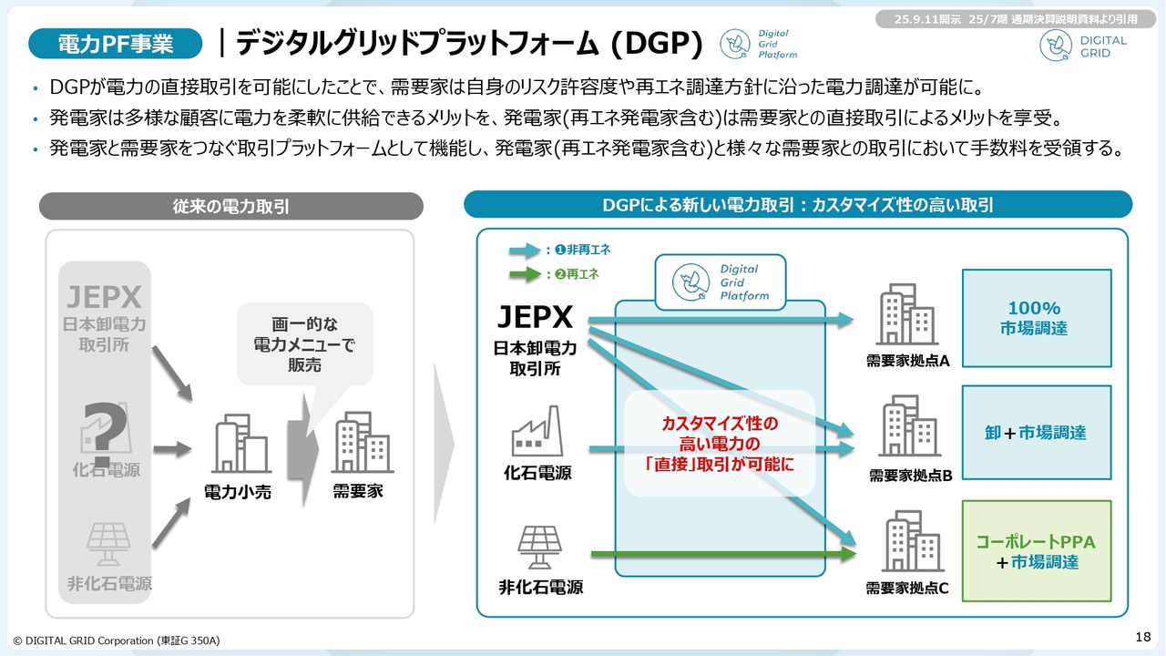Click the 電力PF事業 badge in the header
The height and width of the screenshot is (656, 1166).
click(115, 43)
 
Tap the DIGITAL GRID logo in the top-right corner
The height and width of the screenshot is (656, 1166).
click(1083, 46)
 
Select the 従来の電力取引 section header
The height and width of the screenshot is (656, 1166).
click(230, 207)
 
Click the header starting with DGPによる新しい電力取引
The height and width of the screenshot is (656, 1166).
click(797, 205)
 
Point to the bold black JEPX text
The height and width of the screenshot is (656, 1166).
click(535, 317)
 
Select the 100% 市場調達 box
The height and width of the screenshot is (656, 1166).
click(1037, 318)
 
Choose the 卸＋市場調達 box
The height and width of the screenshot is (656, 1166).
click(1037, 433)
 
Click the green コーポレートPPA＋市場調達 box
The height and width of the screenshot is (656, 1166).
click(1037, 551)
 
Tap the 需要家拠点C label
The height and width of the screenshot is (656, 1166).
click(907, 589)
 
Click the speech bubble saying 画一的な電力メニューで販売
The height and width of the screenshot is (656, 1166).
click(304, 343)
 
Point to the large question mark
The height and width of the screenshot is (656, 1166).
click(103, 433)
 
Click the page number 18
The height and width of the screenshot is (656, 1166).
click(1144, 635)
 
